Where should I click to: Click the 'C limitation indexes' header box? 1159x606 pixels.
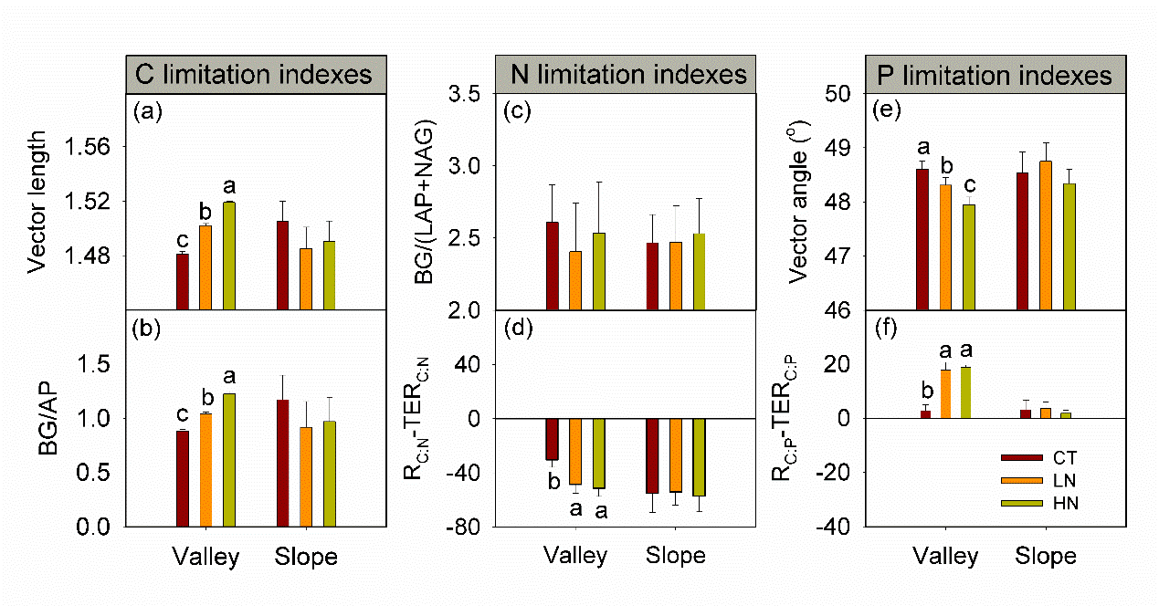254,74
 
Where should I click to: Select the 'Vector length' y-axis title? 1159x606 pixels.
37,201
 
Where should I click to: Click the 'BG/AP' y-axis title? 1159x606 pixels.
37,419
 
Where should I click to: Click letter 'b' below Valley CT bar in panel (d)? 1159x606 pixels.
553,481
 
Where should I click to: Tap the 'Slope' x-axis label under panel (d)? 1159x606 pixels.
676,556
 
